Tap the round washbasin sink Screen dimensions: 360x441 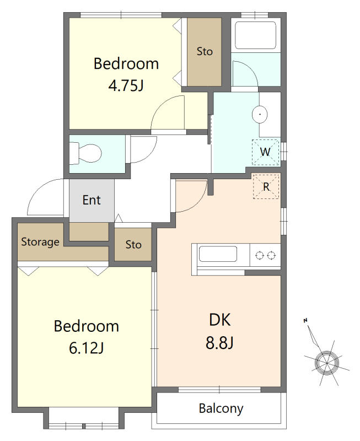(x=260, y=114)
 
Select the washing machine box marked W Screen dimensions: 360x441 (x=266, y=152)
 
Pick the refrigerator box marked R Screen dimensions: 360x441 (x=266, y=187)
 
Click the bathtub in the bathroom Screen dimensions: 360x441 (x=255, y=35)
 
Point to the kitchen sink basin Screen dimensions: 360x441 (x=218, y=254)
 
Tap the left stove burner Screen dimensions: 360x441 (x=259, y=255)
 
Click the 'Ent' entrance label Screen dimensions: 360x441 (x=92, y=200)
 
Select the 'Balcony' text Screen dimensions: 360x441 (x=221, y=408)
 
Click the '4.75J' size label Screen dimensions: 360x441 (x=126, y=85)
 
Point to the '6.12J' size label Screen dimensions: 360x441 (x=87, y=348)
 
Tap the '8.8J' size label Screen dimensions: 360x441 (x=219, y=343)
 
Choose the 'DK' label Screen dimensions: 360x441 (x=219, y=320)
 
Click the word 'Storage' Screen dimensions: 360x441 (x=40, y=242)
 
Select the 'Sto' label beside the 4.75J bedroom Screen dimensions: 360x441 (x=205, y=51)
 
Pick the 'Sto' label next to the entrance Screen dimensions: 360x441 (x=133, y=245)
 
